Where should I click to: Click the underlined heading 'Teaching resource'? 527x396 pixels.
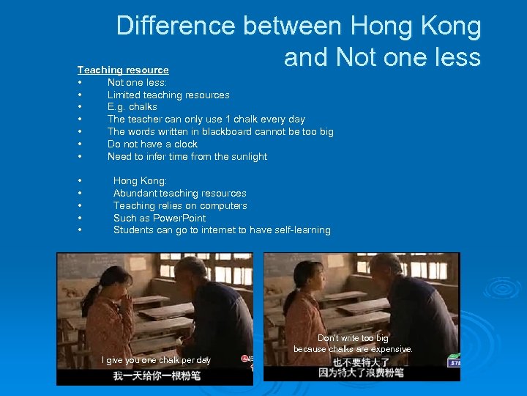click(123, 70)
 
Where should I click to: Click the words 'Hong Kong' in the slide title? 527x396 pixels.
click(416, 26)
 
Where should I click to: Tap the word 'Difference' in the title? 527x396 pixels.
click(176, 26)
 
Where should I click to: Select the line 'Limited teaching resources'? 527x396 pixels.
click(168, 95)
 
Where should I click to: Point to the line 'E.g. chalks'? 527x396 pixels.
click(132, 107)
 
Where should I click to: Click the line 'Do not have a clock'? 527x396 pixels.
click(152, 144)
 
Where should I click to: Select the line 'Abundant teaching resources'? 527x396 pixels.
click(180, 194)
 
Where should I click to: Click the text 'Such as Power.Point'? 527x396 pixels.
click(160, 219)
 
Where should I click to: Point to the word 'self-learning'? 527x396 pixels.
click(300, 230)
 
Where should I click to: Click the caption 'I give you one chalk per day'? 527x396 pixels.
click(156, 360)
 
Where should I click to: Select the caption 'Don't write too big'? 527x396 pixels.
click(353, 338)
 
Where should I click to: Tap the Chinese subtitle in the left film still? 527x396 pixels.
click(156, 375)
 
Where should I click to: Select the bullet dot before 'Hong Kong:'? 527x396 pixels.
click(79, 181)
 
